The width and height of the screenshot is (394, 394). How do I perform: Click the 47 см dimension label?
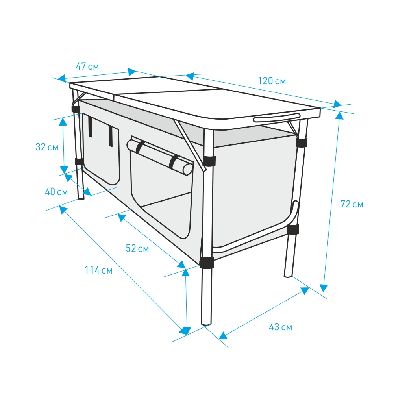[x=87, y=67]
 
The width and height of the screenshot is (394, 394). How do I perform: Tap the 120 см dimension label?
[x=272, y=81]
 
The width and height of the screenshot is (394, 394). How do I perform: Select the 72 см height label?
[x=352, y=204]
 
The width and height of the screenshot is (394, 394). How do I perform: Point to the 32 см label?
[x=47, y=147]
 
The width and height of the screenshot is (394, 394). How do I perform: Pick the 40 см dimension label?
[x=56, y=192]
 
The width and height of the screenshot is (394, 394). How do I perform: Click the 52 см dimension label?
[x=137, y=248]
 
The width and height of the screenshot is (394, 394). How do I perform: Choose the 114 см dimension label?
[x=98, y=270]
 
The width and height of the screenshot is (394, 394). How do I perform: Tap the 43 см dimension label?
[x=280, y=327]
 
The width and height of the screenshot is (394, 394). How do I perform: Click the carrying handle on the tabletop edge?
[x=277, y=117]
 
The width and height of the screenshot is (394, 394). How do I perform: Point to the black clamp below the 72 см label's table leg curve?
[x=293, y=229]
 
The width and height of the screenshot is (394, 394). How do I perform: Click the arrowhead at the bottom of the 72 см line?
[x=324, y=288]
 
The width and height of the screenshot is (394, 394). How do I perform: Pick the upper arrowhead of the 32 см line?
[x=63, y=121]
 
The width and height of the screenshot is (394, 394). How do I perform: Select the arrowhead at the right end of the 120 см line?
[x=338, y=104]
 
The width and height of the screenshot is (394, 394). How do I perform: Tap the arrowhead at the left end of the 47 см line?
[x=61, y=78]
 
